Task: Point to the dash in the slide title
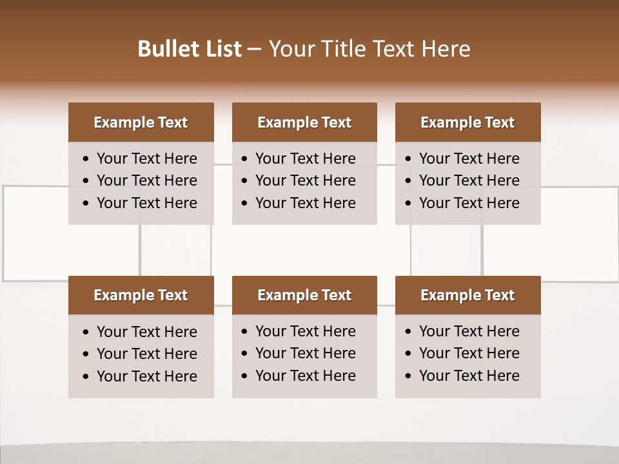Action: pyautogui.click(x=254, y=50)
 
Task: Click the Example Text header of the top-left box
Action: pyautogui.click(x=141, y=122)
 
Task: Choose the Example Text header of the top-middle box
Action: pyautogui.click(x=304, y=122)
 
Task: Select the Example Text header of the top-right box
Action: pyautogui.click(x=467, y=122)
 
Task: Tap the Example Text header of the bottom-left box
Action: pyautogui.click(x=141, y=295)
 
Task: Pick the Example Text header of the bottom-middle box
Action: pyautogui.click(x=304, y=295)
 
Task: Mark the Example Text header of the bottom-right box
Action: pyautogui.click(x=467, y=295)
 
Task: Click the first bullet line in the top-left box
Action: pyautogui.click(x=146, y=159)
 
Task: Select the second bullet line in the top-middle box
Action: pyautogui.click(x=305, y=180)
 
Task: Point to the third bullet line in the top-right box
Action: pyautogui.click(x=469, y=203)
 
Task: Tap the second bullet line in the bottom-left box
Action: pyautogui.click(x=146, y=354)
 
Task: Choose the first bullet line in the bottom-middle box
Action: pyautogui.click(x=305, y=331)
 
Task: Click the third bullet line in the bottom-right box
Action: pyautogui.click(x=469, y=376)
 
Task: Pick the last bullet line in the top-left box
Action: pyautogui.click(x=146, y=203)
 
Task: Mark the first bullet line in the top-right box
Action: pyautogui.click(x=469, y=159)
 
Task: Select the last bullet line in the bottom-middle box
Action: pyautogui.click(x=305, y=376)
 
